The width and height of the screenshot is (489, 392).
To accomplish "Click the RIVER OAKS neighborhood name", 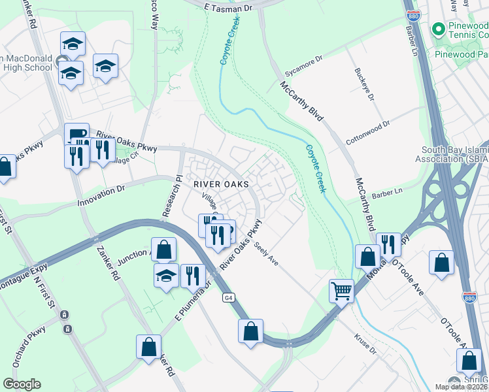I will (x=221, y=185).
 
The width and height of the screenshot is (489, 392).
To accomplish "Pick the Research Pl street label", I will (x=171, y=197).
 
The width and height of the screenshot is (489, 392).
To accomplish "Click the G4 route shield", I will (x=228, y=298).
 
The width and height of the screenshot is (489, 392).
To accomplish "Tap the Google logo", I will (x=22, y=384).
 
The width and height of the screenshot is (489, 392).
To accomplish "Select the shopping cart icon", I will (x=341, y=290).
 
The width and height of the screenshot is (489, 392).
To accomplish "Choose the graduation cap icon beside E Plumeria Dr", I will (x=166, y=275).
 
